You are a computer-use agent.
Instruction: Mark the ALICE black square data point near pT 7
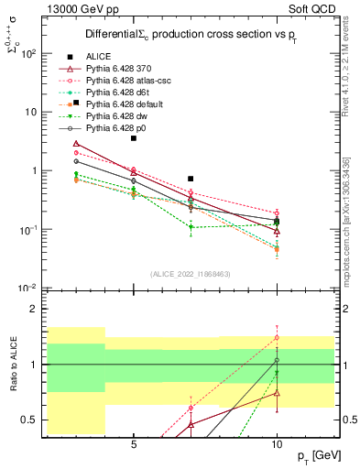point(191,179)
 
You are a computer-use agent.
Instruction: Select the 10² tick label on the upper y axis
point(28,54)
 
